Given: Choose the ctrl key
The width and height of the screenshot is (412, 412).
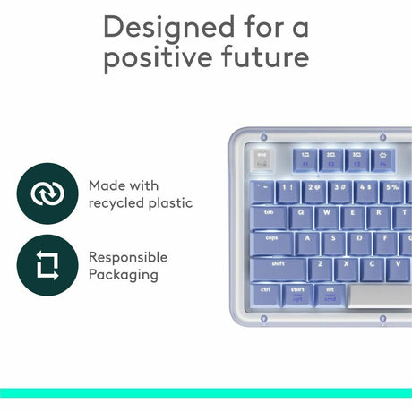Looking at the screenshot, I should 266,293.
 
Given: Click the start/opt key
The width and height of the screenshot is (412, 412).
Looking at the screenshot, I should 298,293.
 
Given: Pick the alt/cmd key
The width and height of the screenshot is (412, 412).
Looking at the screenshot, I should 330,293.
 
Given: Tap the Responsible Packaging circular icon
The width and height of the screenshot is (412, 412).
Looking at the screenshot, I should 44,266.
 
